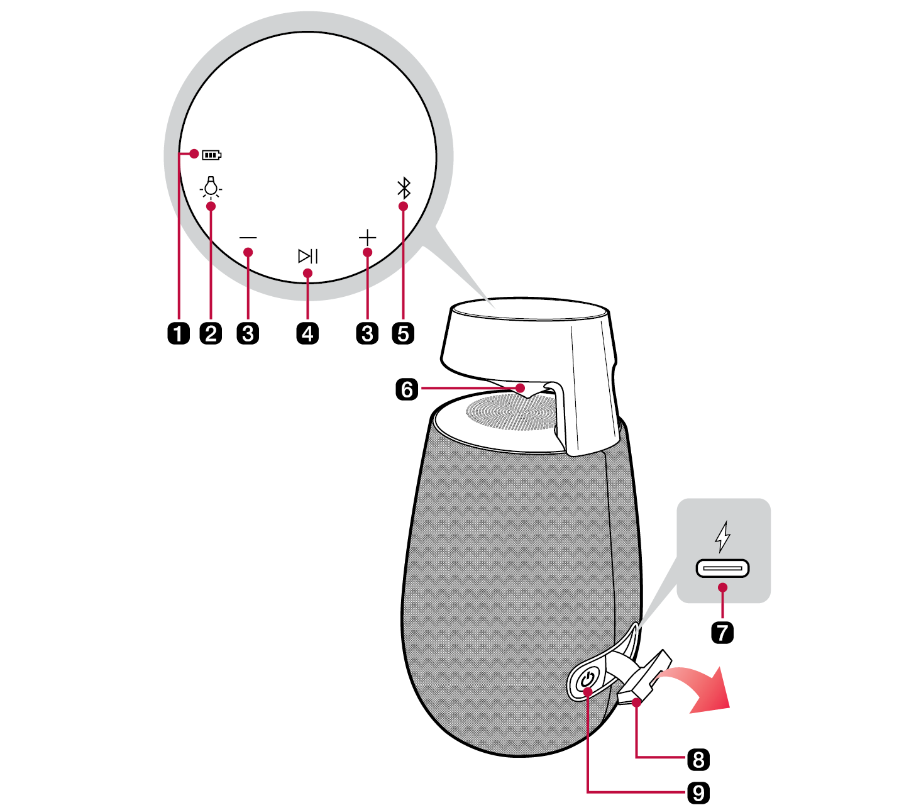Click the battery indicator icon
pos(211,155)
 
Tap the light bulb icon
pos(211,187)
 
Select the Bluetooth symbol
pos(404,188)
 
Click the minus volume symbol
pos(248,238)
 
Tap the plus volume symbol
pos(367,238)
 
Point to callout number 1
pos(179,333)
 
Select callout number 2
pos(211,333)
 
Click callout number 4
pos(307,333)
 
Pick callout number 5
pos(403,333)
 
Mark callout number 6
pos(407,390)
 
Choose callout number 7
pos(722,632)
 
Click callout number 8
pos(698,760)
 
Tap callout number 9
pos(698,793)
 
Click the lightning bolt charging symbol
pos(722,536)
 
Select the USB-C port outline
pos(722,568)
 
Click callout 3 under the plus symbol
pos(367,333)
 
